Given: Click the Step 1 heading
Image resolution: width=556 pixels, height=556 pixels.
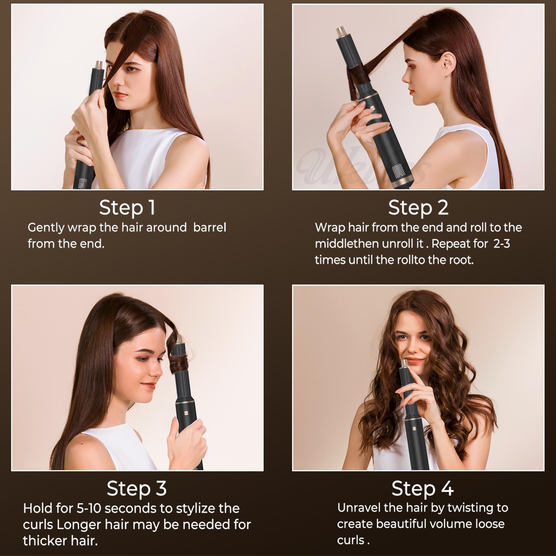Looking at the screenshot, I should point(127,208).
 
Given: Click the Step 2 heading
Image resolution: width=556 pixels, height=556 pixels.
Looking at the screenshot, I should point(418,208).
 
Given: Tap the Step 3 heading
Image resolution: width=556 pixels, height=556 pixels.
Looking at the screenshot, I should point(136,489).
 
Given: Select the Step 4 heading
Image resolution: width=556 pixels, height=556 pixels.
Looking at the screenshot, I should point(422,489).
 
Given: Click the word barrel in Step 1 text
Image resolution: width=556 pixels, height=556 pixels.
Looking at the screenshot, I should point(209,228).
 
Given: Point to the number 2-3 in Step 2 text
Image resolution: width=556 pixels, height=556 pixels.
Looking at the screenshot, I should point(501,244).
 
